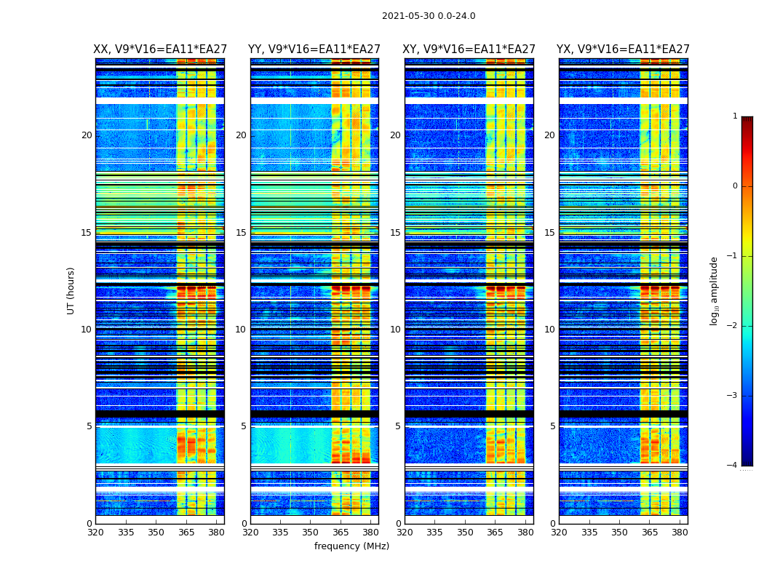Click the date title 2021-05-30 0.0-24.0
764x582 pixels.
point(429,16)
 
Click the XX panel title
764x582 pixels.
point(160,49)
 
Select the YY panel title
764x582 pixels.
point(314,49)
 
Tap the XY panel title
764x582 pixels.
point(469,49)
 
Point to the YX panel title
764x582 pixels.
point(624,49)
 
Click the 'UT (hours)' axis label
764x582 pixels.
point(71,290)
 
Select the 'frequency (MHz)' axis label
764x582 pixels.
point(351,546)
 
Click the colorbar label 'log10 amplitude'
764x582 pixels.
point(715,290)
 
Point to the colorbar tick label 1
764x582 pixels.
point(735,116)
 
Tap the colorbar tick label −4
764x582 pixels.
point(733,466)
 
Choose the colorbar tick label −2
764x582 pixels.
point(733,326)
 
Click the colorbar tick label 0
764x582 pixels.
point(735,186)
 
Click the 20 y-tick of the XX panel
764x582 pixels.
point(87,135)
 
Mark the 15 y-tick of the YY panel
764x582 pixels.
point(241,233)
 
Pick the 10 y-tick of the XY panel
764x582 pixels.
point(395,330)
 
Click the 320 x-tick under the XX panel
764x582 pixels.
point(95,532)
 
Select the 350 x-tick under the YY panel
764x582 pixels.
point(311,532)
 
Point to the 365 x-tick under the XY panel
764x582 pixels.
point(495,532)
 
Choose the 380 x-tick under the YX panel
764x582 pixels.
point(680,532)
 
